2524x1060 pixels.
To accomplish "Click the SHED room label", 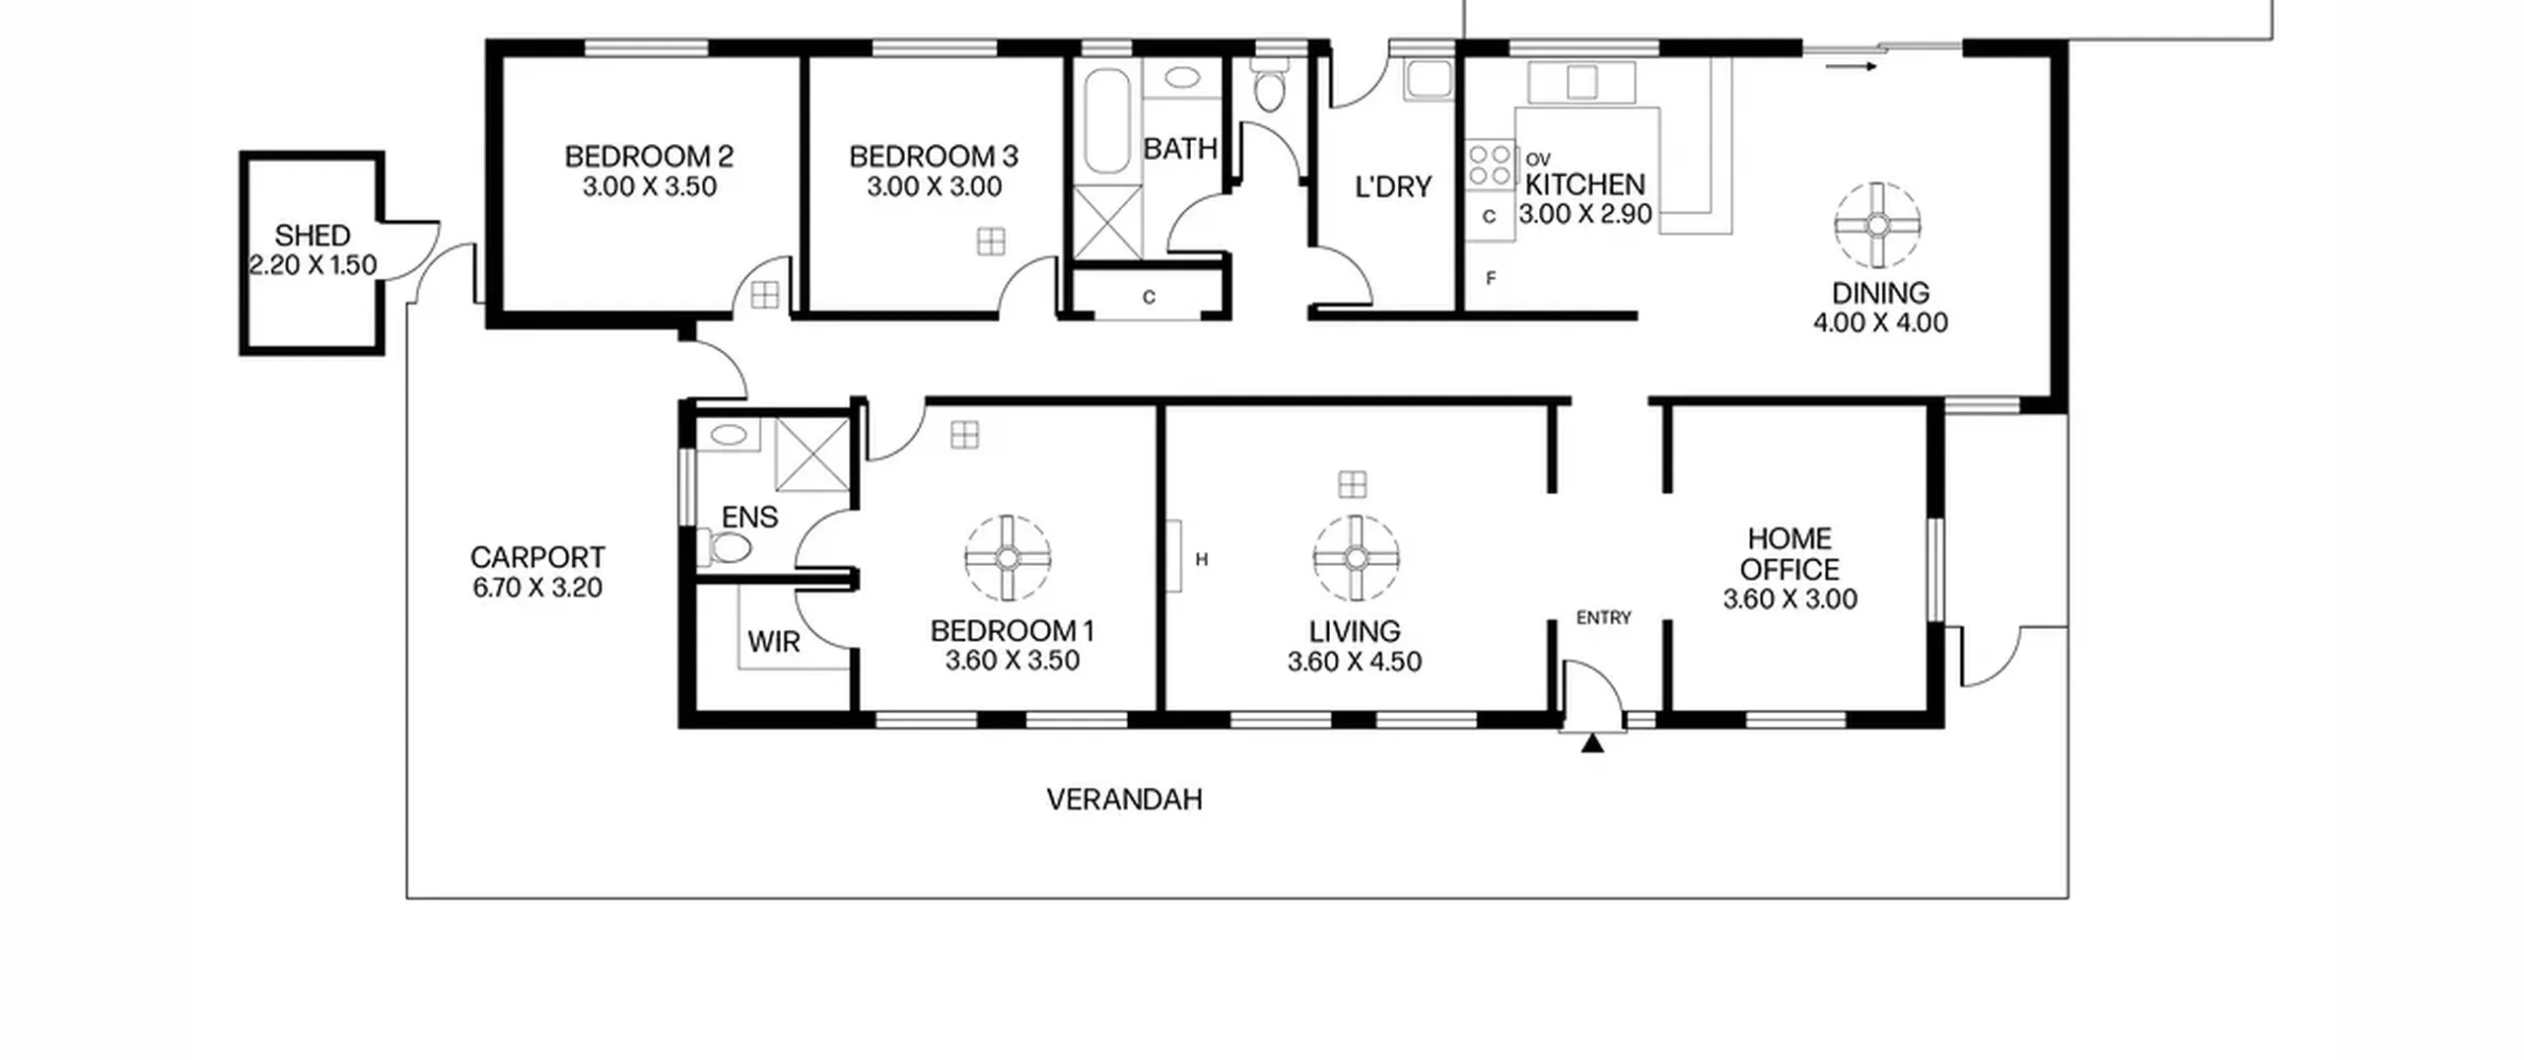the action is (x=312, y=236).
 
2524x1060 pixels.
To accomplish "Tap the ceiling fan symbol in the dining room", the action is (x=1877, y=226).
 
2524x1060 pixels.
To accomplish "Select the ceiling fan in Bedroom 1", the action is (x=1008, y=558).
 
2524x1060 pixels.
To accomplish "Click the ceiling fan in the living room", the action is (x=1356, y=558).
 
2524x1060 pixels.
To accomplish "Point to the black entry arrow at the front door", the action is (x=1591, y=742).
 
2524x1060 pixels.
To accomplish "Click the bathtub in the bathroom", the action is (x=1107, y=120).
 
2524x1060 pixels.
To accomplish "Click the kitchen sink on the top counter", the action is (x=1581, y=82).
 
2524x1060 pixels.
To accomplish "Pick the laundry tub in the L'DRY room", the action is (x=1429, y=79).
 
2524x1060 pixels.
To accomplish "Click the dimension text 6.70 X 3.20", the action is (x=537, y=588).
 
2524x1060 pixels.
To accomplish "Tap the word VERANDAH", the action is (x=1124, y=799).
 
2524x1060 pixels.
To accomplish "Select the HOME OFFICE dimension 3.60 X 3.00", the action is (x=1789, y=600).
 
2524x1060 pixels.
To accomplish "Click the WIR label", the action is (x=774, y=642).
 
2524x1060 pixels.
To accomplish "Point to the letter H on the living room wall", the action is (x=1202, y=559).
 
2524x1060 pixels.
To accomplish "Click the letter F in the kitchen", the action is (x=1491, y=278).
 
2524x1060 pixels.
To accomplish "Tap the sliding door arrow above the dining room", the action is (x=1851, y=66).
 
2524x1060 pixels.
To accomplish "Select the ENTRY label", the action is (x=1604, y=617).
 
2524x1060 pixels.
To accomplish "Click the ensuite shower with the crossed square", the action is (x=811, y=455).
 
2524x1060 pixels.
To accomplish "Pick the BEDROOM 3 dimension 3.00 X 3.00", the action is (x=934, y=186).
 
